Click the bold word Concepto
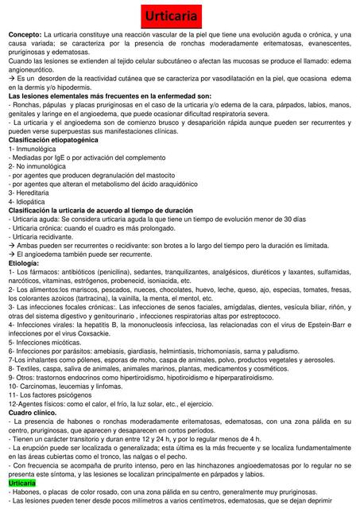point(24,36)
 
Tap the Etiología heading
point(26,262)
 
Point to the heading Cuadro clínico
point(36,414)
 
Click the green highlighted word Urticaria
point(22,484)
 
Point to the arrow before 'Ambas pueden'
point(12,245)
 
